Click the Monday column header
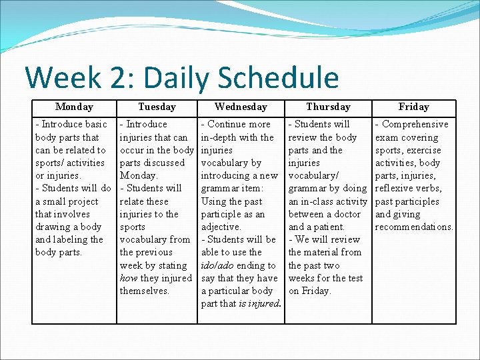[x=74, y=107]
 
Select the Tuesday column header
[x=157, y=107]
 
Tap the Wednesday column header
[x=241, y=107]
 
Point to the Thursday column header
[x=328, y=107]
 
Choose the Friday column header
[x=413, y=107]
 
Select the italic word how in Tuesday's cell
[x=128, y=278]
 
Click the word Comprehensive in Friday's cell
[x=415, y=124]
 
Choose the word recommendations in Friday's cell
[x=414, y=227]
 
